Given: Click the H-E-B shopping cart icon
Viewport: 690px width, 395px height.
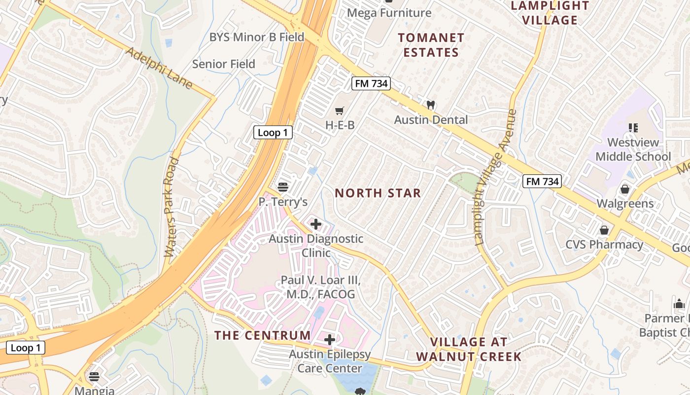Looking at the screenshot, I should coord(339,111).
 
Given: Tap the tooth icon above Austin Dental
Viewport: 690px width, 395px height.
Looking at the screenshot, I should coord(431,105).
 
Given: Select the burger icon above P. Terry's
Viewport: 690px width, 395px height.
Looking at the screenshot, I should coord(283,187).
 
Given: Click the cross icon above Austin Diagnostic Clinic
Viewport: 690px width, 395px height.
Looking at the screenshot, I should coord(316,224).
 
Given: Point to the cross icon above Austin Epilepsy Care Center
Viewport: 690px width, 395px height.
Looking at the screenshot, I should coord(330,340).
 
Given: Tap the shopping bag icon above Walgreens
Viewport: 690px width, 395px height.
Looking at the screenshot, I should coord(625,189).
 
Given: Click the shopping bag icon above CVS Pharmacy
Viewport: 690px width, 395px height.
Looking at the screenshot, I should coord(604,230).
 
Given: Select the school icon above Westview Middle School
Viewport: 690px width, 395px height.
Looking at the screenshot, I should coord(633,128).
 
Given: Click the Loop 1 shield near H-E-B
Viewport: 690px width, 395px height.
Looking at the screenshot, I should coord(273,132).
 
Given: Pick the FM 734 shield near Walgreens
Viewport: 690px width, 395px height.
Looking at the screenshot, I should coord(542,181).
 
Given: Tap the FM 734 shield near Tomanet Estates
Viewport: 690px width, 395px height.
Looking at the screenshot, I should coord(372,83).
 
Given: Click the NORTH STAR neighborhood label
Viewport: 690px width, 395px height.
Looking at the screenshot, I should coord(378,193).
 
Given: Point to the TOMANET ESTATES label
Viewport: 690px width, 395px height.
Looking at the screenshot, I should coord(431,45).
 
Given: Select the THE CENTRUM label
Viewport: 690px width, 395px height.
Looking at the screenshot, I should coord(263,335).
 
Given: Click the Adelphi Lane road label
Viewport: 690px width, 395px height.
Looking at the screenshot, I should coord(159,68).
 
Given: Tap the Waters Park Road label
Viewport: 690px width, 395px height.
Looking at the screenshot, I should coord(171,207).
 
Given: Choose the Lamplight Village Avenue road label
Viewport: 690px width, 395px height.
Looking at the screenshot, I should coord(496,178).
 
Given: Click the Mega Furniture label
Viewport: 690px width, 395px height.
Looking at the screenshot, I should coord(389,13).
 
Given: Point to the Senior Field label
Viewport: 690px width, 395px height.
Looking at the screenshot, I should coord(224,64).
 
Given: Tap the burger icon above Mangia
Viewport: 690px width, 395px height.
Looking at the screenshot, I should coord(94,377).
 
